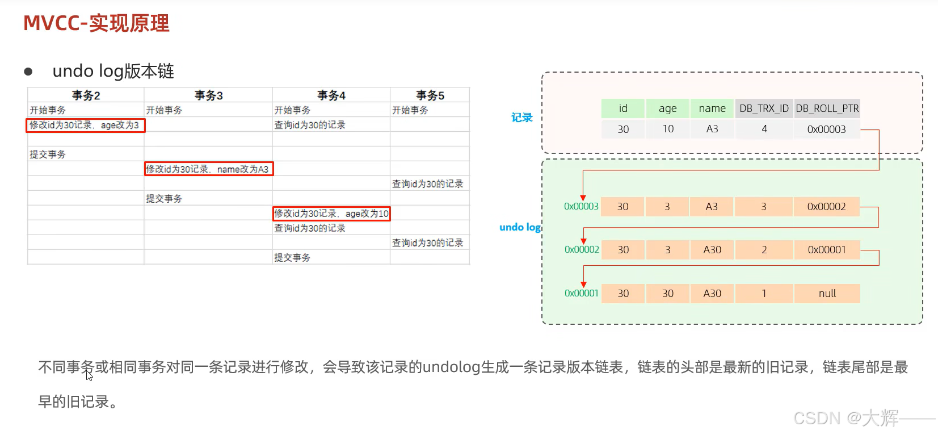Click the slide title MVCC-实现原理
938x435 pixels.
[x=96, y=23]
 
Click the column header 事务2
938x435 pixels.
[x=86, y=95]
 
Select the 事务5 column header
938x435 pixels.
[x=430, y=95]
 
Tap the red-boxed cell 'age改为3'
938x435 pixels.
[x=85, y=125]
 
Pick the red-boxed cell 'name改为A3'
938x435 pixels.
[x=208, y=169]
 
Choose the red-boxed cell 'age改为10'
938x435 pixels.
[x=331, y=214]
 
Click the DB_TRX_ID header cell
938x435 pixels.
[x=764, y=108]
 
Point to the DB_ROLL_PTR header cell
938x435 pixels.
[x=827, y=108]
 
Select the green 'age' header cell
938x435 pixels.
[x=667, y=108]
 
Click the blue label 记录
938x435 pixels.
[x=522, y=118]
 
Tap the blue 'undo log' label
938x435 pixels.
[x=520, y=227]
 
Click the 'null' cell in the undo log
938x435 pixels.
[x=827, y=294]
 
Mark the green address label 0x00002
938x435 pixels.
[x=582, y=250]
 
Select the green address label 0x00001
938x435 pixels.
[x=581, y=294]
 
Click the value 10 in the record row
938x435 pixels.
[x=668, y=129]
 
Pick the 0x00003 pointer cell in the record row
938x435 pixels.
[x=826, y=129]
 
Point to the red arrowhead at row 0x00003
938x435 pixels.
[x=583, y=197]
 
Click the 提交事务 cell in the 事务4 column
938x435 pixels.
[x=292, y=258]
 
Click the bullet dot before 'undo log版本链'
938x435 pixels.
[x=28, y=72]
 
